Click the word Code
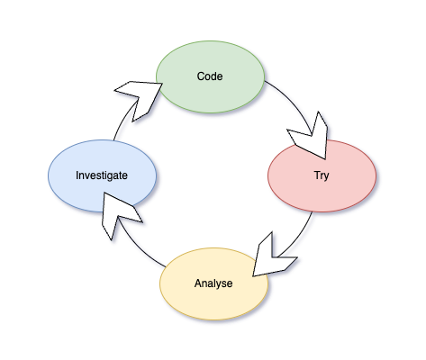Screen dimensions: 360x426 tap(210, 76)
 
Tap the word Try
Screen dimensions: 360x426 tap(322, 175)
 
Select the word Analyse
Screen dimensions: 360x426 tap(213, 283)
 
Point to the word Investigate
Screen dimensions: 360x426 tap(102, 175)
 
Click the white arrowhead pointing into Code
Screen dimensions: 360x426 tap(140, 95)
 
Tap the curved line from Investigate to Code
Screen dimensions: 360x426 tap(122, 122)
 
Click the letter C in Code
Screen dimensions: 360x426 tap(201, 76)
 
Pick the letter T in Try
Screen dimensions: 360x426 tap(316, 175)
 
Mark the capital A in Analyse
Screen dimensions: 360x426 tap(198, 283)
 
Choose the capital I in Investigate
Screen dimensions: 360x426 tap(77, 175)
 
